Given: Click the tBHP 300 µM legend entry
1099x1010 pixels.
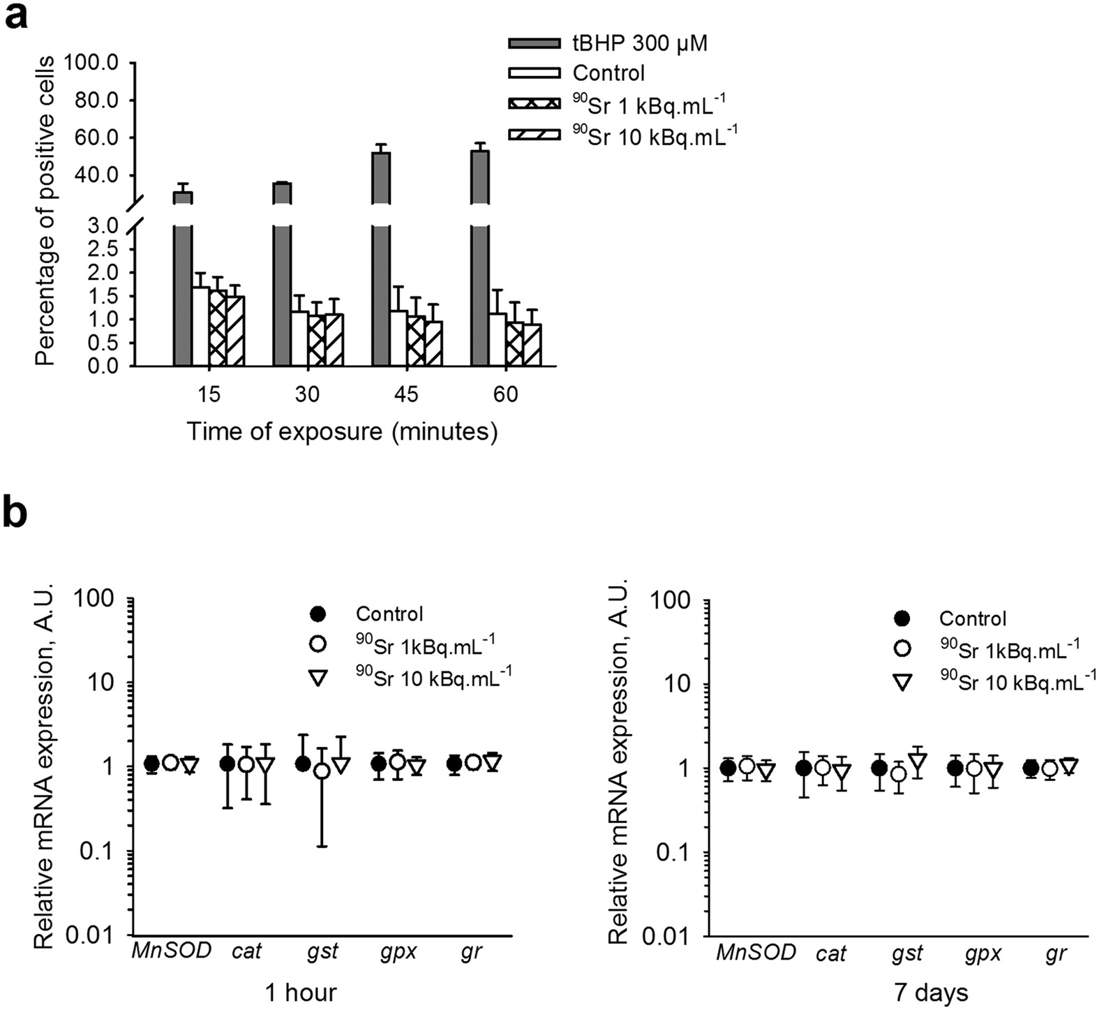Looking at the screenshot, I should point(607,43).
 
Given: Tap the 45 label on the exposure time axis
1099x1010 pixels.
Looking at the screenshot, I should point(406,394).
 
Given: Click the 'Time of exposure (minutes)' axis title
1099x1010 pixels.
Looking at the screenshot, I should point(342,431).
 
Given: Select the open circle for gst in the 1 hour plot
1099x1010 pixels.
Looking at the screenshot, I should point(322,771).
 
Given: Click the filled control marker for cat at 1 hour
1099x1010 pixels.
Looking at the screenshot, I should point(227,764).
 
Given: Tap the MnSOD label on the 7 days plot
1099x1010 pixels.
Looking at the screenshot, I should point(756,952).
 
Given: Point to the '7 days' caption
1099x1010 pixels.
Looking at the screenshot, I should point(932,992).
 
